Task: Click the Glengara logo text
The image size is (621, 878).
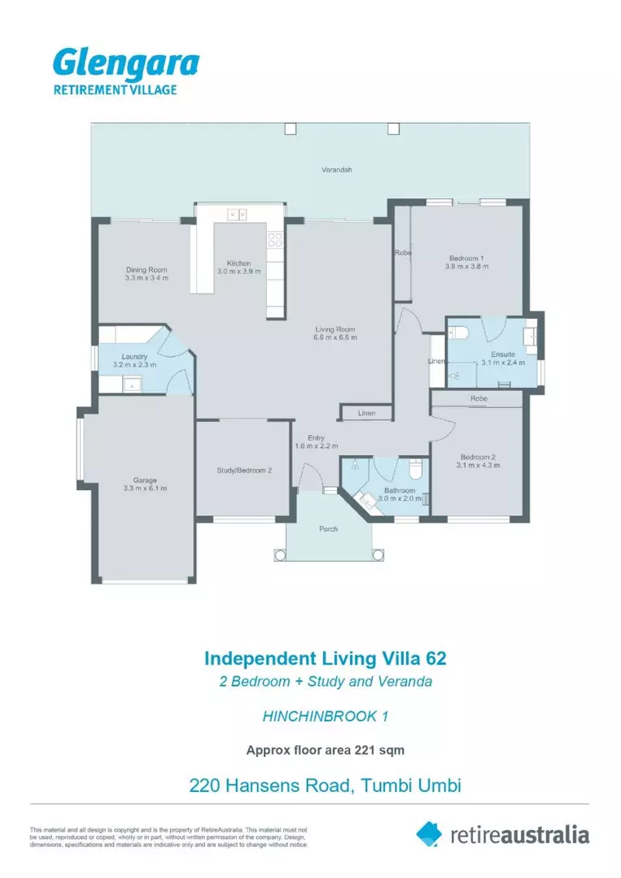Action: coord(126,64)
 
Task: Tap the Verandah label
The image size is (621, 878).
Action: coord(337,170)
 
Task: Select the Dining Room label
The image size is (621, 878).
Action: coord(147,270)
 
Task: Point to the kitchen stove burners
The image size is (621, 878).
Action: coord(274,240)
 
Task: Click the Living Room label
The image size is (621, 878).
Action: coord(335,330)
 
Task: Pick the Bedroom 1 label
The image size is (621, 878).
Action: coord(466,259)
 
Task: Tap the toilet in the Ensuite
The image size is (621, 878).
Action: coord(458,332)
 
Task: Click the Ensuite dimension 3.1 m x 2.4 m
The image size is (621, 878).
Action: coord(503,363)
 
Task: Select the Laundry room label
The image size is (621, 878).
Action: coord(134,357)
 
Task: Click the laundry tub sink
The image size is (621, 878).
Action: coord(133,384)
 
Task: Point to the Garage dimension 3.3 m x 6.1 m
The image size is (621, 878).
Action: coord(145,489)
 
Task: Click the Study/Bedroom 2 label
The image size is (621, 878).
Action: coord(244,471)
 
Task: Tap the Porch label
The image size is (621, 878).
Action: coord(329,529)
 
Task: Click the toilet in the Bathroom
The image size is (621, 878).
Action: coord(415,469)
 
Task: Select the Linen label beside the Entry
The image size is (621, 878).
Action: coord(366,413)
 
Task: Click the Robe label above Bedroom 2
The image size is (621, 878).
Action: coord(479,398)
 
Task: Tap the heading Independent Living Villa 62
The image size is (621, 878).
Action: coord(325,658)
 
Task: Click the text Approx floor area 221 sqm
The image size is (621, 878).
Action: coord(325,750)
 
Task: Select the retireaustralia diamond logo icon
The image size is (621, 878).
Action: coord(429,834)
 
